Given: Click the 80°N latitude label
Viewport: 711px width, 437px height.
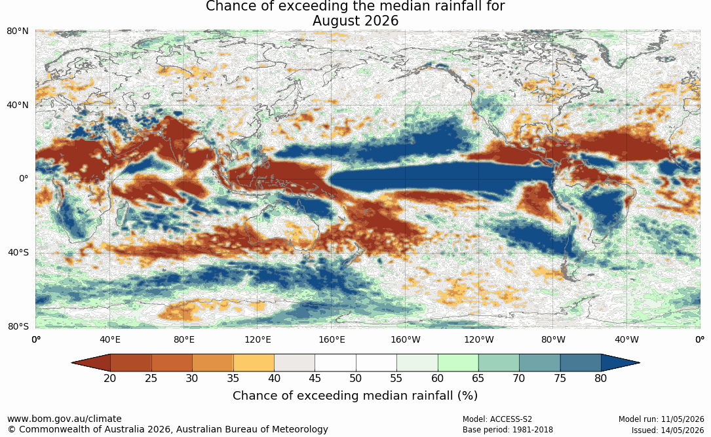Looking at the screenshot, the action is [x=17, y=31].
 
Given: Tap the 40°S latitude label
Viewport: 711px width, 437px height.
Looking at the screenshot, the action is [x=18, y=252].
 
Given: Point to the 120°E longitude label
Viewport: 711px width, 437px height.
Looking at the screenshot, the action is [x=258, y=339].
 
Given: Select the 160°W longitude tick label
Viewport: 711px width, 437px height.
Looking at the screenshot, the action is [x=405, y=339].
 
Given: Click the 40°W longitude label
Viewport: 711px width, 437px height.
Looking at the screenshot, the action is [x=626, y=339].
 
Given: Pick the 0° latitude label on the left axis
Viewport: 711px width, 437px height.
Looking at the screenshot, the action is [x=24, y=179].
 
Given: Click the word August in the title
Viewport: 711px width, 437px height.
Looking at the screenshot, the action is [x=339, y=21].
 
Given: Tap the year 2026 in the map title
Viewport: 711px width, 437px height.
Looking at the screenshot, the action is [x=385, y=21].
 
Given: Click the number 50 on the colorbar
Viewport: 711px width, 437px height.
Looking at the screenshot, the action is [x=355, y=378].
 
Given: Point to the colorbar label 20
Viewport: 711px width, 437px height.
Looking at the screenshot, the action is [x=109, y=378].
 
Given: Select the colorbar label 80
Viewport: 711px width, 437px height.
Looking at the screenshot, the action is [x=601, y=378].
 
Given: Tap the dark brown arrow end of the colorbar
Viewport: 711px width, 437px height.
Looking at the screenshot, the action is [x=91, y=363].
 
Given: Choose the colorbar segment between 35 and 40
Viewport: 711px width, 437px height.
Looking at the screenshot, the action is [x=254, y=363].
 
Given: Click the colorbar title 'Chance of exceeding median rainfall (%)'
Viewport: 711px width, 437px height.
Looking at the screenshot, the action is [x=355, y=396].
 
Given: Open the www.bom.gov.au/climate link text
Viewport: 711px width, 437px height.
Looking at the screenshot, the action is [x=64, y=419].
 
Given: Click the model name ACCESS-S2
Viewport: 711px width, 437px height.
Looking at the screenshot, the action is [x=511, y=419].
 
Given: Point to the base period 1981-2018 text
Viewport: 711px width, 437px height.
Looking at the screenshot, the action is [x=532, y=430].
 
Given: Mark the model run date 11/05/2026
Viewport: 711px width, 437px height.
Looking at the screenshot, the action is [x=682, y=419].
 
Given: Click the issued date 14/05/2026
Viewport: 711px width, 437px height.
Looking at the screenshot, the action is [x=682, y=430].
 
